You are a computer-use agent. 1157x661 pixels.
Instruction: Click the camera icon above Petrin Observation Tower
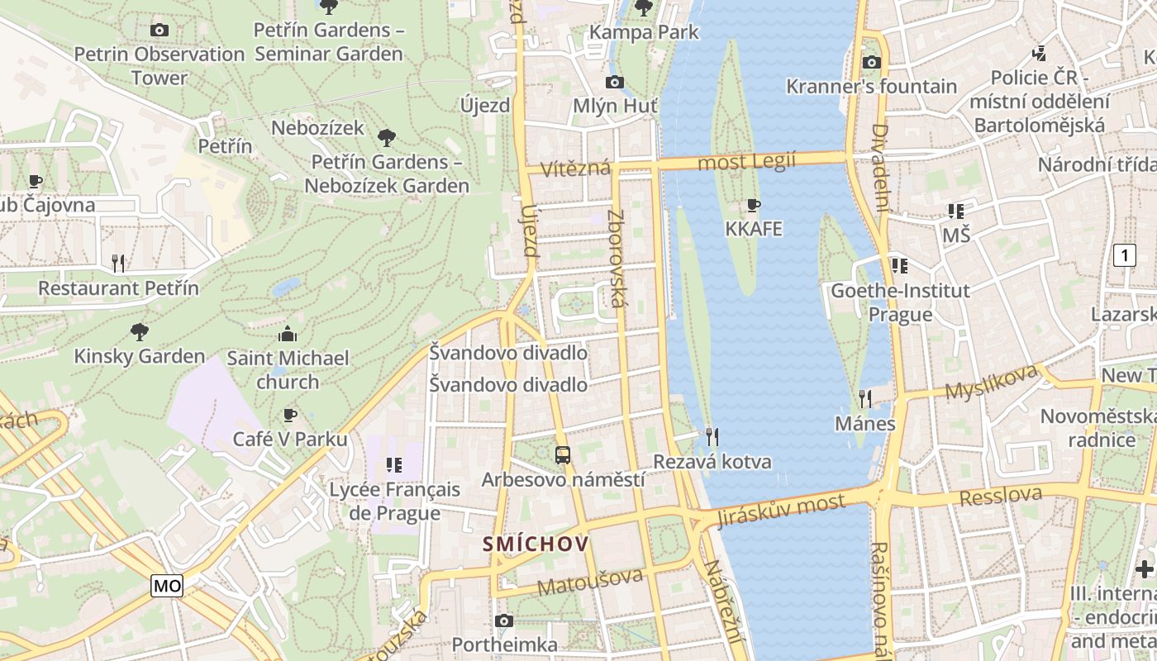(160, 30)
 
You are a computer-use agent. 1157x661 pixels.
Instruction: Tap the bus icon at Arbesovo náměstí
(563, 454)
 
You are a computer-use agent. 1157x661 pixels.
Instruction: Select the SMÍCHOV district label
(536, 544)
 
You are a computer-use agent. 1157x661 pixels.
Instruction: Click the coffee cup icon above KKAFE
(753, 204)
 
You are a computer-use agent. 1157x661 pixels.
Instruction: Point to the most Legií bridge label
(746, 161)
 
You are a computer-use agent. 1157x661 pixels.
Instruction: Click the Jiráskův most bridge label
(781, 509)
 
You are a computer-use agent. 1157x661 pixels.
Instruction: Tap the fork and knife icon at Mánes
(865, 399)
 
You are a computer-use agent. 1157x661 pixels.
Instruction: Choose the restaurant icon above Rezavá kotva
(712, 436)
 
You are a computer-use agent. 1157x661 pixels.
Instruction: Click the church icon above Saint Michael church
(288, 334)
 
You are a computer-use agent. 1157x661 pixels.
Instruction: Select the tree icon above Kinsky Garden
(140, 332)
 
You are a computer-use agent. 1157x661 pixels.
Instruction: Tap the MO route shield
(167, 586)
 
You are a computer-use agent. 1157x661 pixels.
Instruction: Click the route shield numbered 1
(1124, 255)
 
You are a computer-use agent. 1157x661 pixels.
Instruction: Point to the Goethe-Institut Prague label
(900, 302)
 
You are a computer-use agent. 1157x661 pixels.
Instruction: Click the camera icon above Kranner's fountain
(871, 62)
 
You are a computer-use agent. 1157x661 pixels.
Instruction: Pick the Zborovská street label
(616, 258)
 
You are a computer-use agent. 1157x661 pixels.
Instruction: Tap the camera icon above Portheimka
(504, 621)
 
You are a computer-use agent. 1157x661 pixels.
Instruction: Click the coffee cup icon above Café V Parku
(289, 415)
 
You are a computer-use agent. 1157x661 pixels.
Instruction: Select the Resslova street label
(1000, 495)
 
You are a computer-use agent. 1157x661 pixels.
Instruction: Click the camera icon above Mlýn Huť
(614, 82)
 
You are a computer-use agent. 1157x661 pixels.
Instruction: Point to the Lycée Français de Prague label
(395, 501)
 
